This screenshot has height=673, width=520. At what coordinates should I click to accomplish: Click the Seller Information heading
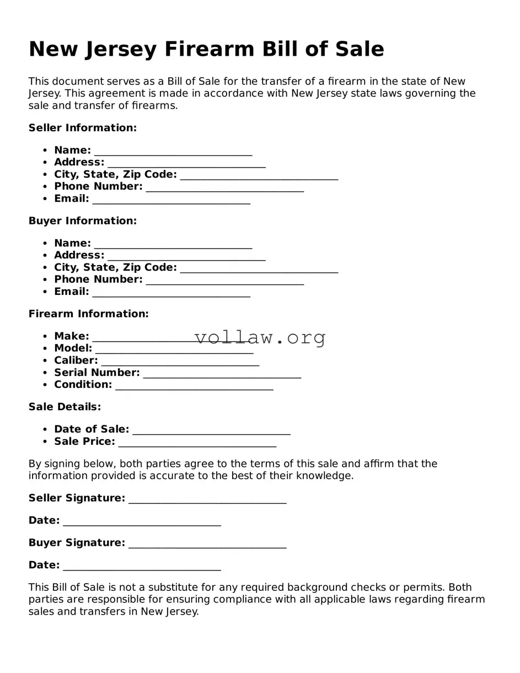coord(82,128)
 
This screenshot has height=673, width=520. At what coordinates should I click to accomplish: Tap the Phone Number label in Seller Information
coord(98,186)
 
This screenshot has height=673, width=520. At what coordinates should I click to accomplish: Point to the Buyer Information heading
coord(82,221)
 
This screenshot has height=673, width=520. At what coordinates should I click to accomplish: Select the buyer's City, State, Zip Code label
coord(115,267)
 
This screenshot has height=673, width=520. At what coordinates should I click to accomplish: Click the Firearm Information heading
coord(88,314)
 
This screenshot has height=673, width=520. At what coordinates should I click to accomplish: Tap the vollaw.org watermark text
coord(260,337)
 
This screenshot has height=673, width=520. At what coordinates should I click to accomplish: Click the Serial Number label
coord(97,373)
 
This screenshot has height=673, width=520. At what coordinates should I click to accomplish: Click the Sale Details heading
coord(65,407)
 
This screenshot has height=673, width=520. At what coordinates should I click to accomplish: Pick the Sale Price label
coord(84,442)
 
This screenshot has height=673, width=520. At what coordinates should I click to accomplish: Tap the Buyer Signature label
coord(77,543)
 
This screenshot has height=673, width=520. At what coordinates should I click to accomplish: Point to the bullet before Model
coord(45,348)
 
